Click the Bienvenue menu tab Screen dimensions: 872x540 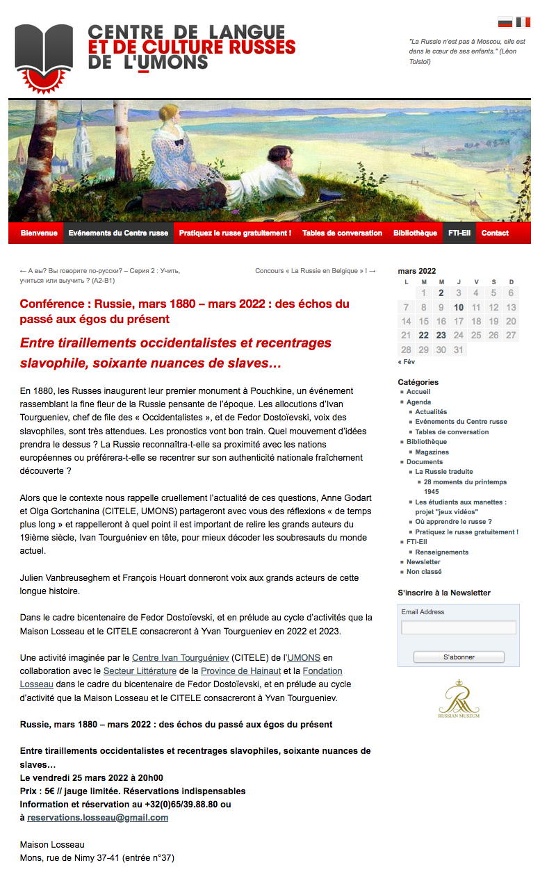(x=39, y=233)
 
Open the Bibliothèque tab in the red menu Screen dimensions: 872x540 (x=415, y=233)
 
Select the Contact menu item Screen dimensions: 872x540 (x=495, y=233)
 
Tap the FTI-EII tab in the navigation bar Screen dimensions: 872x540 (x=459, y=233)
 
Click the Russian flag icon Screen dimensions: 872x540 (x=505, y=22)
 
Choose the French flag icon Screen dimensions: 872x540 (x=523, y=22)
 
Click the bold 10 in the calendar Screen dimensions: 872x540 (x=459, y=307)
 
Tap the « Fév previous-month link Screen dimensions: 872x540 (x=407, y=362)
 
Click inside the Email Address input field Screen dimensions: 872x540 (x=459, y=627)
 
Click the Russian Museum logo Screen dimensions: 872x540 (x=459, y=698)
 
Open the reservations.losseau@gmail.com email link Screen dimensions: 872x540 (x=97, y=818)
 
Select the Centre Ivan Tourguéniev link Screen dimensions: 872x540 (x=180, y=657)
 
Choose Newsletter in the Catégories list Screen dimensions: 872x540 (x=423, y=561)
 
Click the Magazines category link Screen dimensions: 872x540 (x=432, y=452)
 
